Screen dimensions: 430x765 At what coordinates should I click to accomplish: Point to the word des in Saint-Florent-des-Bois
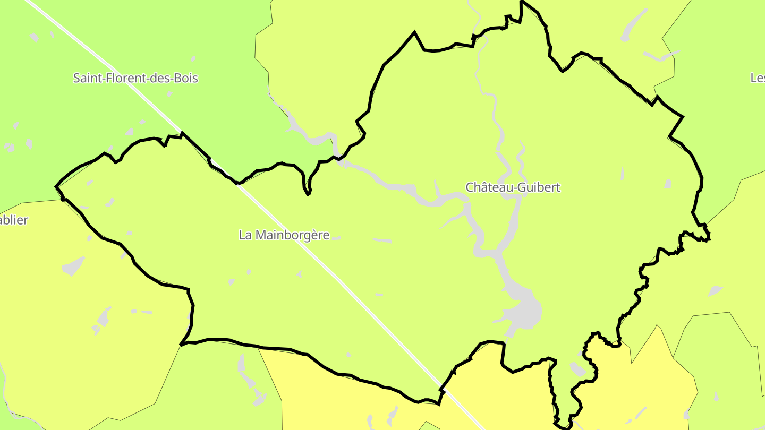point(157,79)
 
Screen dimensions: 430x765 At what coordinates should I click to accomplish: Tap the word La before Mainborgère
point(245,235)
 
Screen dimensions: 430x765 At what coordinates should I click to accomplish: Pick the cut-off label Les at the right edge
point(758,79)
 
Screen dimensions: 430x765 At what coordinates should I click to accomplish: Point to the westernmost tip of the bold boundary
point(56,186)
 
